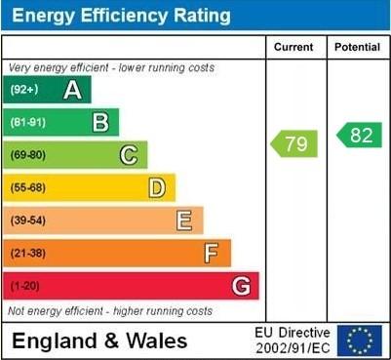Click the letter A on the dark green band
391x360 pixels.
(72, 90)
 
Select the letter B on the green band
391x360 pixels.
(99, 123)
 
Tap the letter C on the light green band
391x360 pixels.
(128, 155)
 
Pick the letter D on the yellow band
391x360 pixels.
(156, 187)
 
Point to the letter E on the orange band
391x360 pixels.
(184, 220)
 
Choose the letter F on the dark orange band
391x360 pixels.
(212, 254)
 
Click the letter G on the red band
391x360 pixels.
(240, 287)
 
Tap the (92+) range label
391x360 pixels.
(24, 90)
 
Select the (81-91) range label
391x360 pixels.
(27, 123)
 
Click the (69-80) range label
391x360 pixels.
(28, 155)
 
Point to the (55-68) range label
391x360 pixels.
(28, 187)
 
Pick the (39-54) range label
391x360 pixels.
(28, 220)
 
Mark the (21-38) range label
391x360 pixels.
(28, 254)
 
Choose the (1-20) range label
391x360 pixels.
(25, 287)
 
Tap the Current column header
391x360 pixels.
(293, 47)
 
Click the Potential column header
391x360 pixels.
(357, 47)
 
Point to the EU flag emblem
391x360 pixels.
(360, 340)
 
